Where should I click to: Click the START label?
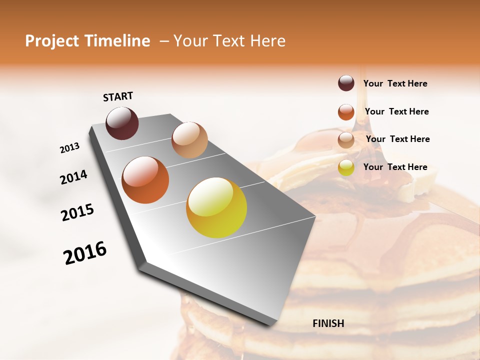point(118,96)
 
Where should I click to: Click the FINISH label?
point(328,323)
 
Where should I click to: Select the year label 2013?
point(69,148)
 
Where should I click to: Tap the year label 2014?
point(73,177)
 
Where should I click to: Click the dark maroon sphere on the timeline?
point(122,123)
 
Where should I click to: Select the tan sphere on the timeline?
point(189,140)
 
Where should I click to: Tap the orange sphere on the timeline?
point(145,180)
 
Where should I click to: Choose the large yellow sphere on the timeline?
point(216,207)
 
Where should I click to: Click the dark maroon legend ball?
point(346,83)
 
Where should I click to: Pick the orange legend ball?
point(346,112)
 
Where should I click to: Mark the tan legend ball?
point(346,140)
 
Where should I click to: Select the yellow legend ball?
point(346,168)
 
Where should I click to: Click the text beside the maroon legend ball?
point(395,83)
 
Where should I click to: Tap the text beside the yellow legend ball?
point(395,167)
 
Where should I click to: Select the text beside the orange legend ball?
point(396,111)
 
